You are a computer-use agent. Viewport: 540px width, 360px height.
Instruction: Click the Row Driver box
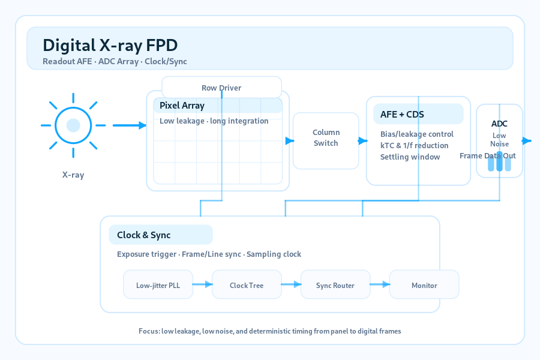pyautogui.click(x=221, y=88)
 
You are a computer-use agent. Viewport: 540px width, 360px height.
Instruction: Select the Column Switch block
pyautogui.click(x=326, y=140)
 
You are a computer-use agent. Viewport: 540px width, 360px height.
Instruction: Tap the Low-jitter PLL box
pyautogui.click(x=158, y=284)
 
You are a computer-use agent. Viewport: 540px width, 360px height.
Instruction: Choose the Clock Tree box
pyautogui.click(x=247, y=284)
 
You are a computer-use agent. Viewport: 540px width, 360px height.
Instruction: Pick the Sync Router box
pyautogui.click(x=335, y=284)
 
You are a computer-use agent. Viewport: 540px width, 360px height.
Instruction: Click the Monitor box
pyautogui.click(x=424, y=284)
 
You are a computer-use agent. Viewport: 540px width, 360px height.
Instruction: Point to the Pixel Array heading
pyautogui.click(x=182, y=106)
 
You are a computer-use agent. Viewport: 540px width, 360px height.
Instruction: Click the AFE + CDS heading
pyautogui.click(x=402, y=115)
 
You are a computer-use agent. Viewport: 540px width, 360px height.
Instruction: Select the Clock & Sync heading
pyautogui.click(x=143, y=235)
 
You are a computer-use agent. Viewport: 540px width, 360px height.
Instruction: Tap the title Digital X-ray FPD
pyautogui.click(x=110, y=45)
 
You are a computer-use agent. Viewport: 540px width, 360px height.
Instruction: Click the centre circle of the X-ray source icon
pyautogui.click(x=73, y=125)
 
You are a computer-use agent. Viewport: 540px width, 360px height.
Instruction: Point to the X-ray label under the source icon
pyautogui.click(x=73, y=175)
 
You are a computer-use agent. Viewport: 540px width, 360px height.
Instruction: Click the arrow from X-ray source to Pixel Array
pyautogui.click(x=130, y=125)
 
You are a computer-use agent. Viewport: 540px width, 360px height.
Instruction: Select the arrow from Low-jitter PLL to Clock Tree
pyautogui.click(x=203, y=284)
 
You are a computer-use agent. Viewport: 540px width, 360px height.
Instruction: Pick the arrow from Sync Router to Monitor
pyautogui.click(x=380, y=284)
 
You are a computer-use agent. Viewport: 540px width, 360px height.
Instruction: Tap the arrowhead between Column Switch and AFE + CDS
pyautogui.click(x=362, y=141)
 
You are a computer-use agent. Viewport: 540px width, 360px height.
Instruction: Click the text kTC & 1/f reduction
pyautogui.click(x=414, y=145)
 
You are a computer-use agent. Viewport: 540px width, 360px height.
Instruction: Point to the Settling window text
pyautogui.click(x=410, y=157)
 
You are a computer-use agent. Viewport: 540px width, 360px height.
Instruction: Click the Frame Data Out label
pyautogui.click(x=488, y=156)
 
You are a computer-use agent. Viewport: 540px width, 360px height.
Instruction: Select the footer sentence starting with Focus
pyautogui.click(x=269, y=331)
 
